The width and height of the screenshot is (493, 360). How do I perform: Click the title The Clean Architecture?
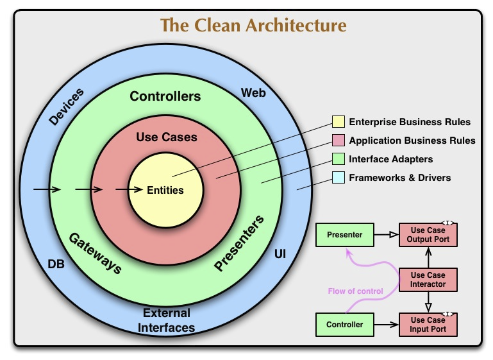pyautogui.click(x=253, y=26)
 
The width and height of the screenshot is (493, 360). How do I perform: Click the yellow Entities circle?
pyautogui.click(x=165, y=190)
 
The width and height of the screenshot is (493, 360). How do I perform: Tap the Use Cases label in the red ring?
pyautogui.click(x=167, y=137)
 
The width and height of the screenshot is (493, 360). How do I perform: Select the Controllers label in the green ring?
pyautogui.click(x=165, y=97)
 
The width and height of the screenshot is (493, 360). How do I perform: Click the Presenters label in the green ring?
pyautogui.click(x=239, y=244)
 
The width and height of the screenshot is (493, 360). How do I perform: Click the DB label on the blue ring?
pyautogui.click(x=56, y=263)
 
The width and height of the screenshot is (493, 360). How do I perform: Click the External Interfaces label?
pyautogui.click(x=167, y=320)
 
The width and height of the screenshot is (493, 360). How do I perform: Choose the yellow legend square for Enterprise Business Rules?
pyautogui.click(x=338, y=122)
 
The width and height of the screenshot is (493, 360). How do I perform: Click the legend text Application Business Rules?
pyautogui.click(x=412, y=141)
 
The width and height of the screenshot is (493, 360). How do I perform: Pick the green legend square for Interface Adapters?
pyautogui.click(x=338, y=159)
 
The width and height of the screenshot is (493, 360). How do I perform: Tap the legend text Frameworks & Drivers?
pyautogui.click(x=399, y=178)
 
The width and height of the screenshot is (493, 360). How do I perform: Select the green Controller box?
pyautogui.click(x=344, y=325)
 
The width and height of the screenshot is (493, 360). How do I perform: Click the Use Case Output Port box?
pyautogui.click(x=428, y=235)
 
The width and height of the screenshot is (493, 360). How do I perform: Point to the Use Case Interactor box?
pyautogui.click(x=428, y=280)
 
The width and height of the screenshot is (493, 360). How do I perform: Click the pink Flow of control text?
pyautogui.click(x=355, y=291)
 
